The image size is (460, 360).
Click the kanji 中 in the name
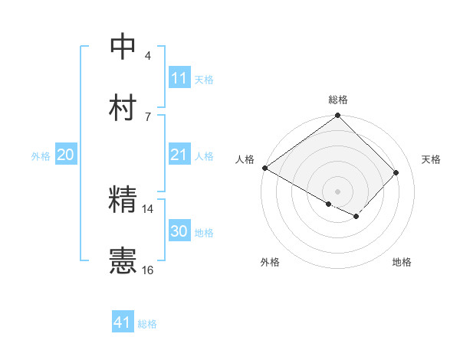click(x=123, y=47)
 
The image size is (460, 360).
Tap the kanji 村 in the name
click(x=123, y=108)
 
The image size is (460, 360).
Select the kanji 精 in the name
click(x=123, y=200)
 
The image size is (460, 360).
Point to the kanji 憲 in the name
click(x=123, y=261)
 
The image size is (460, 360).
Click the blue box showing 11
click(x=179, y=78)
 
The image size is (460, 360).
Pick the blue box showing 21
click(x=179, y=155)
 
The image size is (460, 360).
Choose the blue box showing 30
click(x=179, y=231)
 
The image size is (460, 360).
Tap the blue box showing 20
click(x=65, y=155)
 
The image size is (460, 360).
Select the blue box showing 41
click(x=123, y=322)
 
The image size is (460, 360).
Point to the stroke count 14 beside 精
click(x=148, y=208)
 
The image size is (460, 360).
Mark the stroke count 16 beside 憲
click(x=148, y=270)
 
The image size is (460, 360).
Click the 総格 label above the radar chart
click(x=338, y=100)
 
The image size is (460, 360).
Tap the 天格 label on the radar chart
click(x=431, y=159)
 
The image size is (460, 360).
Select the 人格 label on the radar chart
click(x=245, y=159)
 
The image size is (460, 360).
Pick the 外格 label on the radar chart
click(x=269, y=262)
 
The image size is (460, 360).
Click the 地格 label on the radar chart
click(x=402, y=262)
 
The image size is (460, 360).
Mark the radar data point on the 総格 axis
click(x=337, y=116)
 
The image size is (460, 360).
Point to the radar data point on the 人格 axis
click(x=264, y=168)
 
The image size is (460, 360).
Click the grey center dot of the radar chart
click(x=337, y=191)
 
